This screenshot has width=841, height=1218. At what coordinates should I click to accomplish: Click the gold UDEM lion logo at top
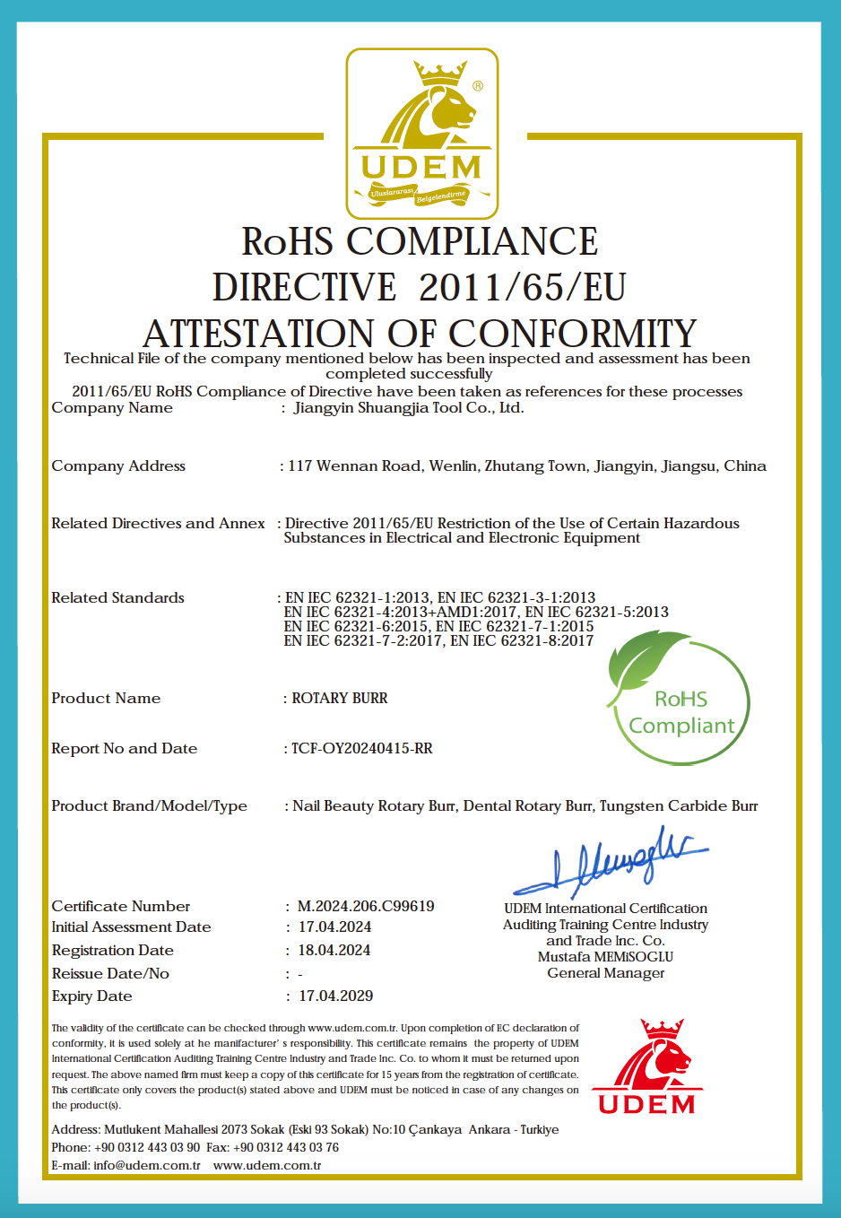tap(421, 134)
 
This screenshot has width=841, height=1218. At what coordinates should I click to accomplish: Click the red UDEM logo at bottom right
tap(647, 1067)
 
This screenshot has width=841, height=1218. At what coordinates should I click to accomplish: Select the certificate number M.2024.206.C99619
tap(366, 906)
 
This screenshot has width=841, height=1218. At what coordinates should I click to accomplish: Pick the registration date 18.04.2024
tap(334, 950)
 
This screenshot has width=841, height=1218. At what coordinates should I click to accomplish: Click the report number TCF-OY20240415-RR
tap(361, 748)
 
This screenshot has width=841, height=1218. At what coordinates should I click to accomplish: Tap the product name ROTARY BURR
tap(340, 698)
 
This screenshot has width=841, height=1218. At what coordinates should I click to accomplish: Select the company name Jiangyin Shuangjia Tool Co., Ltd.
tap(409, 408)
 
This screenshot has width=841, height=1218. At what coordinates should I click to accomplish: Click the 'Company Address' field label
tap(118, 465)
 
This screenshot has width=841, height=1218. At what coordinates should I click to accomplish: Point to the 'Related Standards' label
tap(117, 597)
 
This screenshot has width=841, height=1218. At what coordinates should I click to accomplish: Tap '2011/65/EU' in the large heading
tap(522, 288)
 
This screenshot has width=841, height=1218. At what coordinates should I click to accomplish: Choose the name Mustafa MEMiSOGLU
tap(605, 957)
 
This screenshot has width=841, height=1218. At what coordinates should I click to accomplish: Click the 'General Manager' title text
tap(605, 973)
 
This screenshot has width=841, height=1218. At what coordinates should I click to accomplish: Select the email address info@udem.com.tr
tap(147, 1165)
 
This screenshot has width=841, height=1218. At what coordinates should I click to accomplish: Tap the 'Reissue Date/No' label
tap(110, 973)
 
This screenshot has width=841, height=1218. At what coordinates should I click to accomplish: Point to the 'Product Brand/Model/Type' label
tap(149, 805)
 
